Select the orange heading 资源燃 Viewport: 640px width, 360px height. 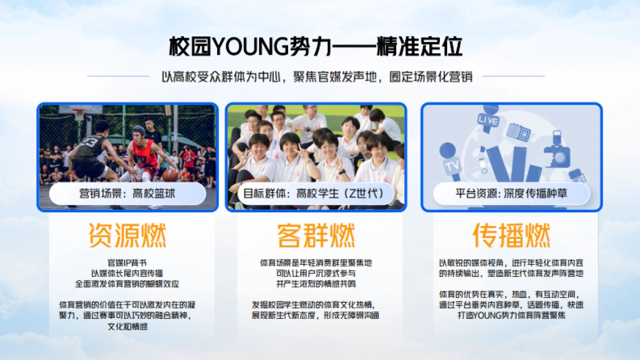click(x=127, y=235)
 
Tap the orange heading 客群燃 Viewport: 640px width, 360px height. click(x=316, y=235)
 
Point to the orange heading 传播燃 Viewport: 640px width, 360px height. click(x=511, y=235)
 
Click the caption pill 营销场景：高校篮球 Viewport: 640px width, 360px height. click(x=127, y=194)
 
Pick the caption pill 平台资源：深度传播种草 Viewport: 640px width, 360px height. click(x=511, y=194)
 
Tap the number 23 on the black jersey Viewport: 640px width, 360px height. click(x=90, y=142)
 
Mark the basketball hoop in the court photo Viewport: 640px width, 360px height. click(x=79, y=114)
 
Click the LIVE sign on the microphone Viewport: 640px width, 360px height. click(x=489, y=121)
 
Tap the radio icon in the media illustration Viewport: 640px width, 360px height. click(x=518, y=131)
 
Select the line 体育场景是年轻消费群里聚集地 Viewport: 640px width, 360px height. click(x=316, y=263)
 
